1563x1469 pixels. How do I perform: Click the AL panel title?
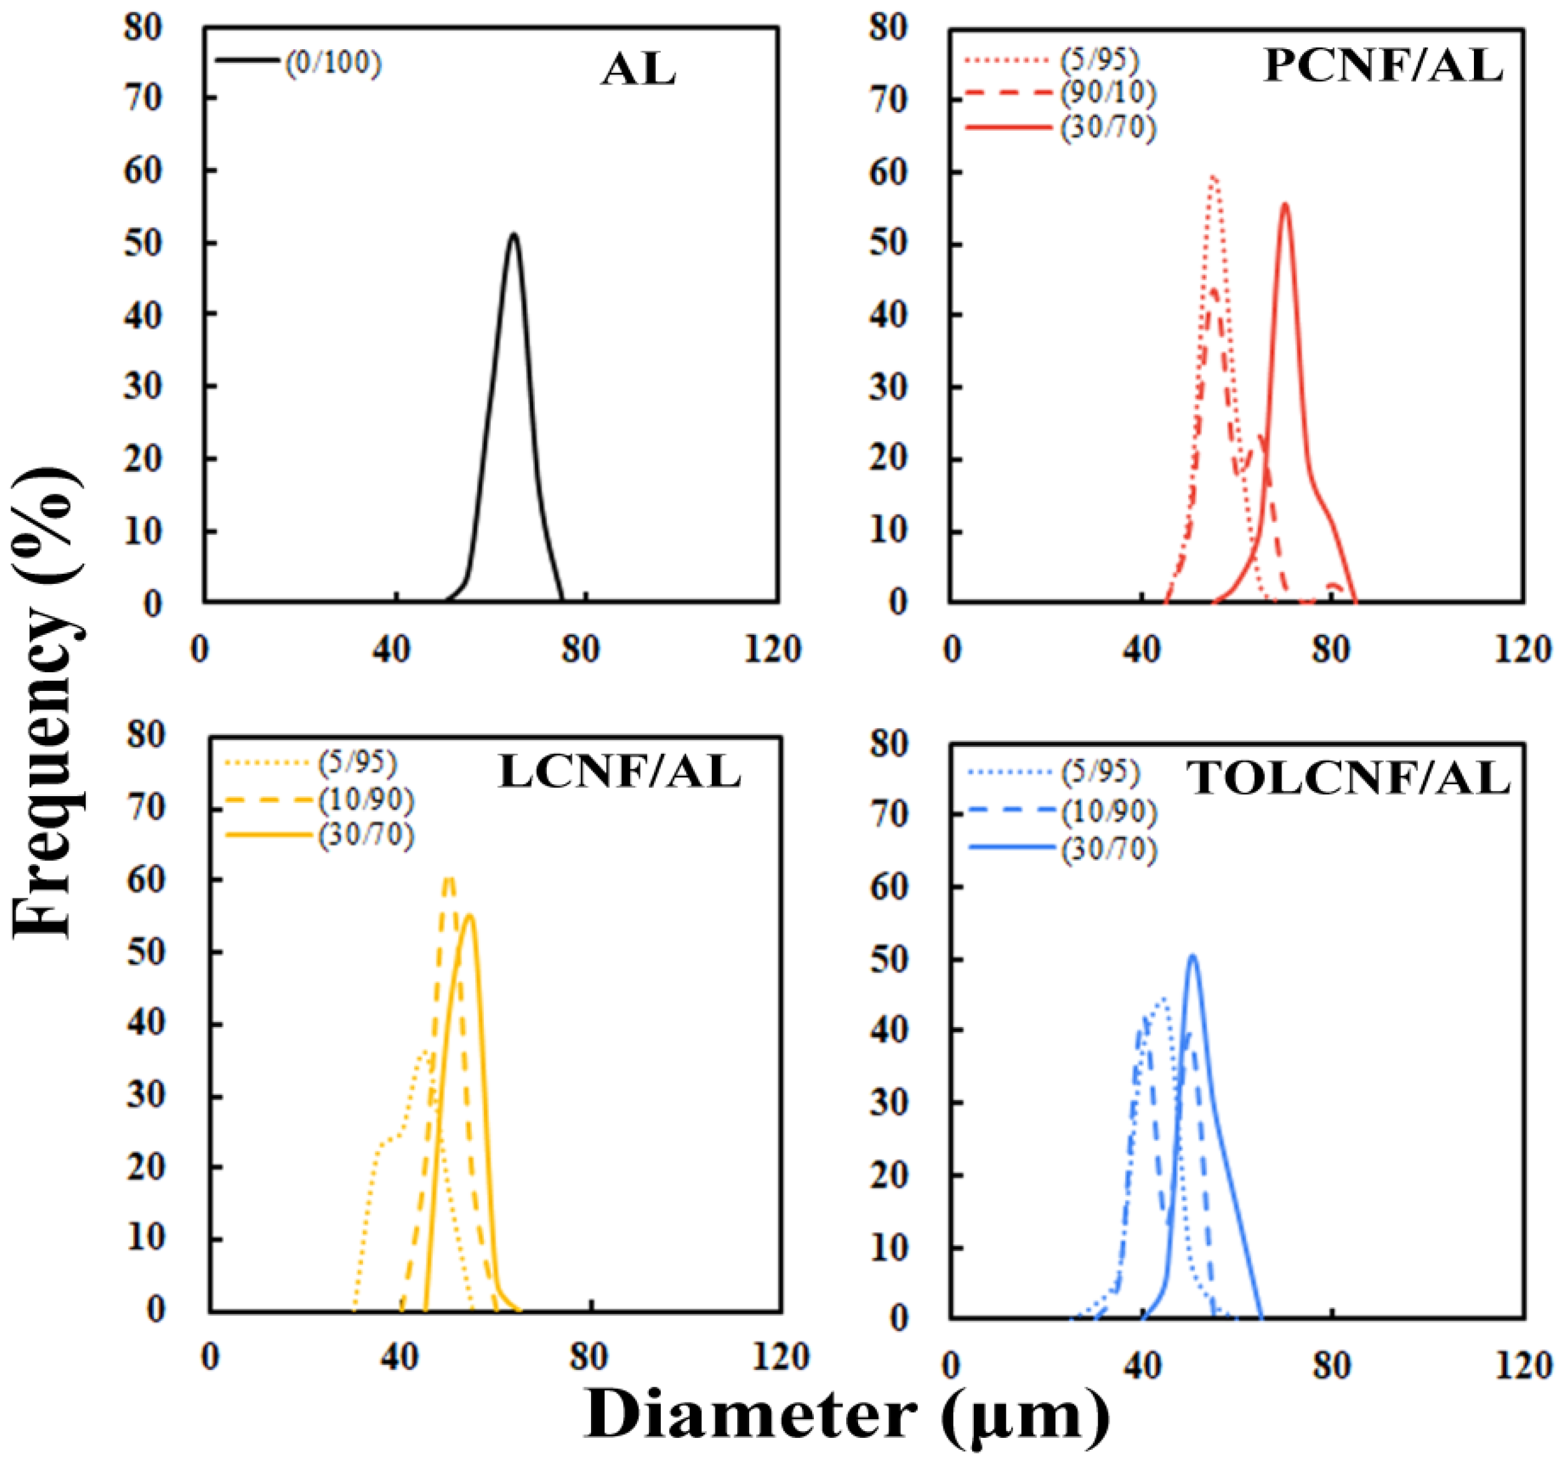tap(638, 71)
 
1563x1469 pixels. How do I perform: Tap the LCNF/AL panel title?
tap(620, 772)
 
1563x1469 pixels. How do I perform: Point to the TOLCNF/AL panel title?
tap(1350, 780)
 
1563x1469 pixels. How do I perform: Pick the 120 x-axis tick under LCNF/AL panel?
tap(779, 1356)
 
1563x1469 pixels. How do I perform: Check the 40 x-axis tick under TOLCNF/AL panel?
tap(1141, 1365)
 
